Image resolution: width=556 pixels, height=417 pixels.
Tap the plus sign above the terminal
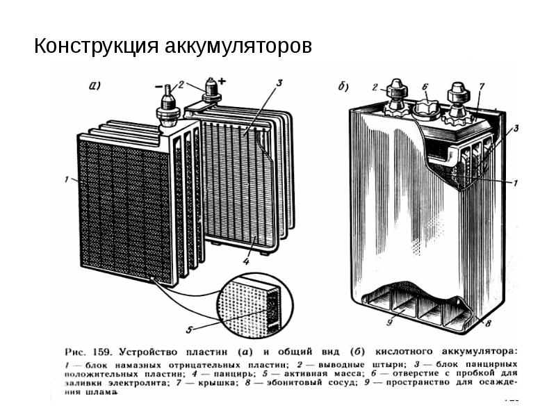click(x=222, y=81)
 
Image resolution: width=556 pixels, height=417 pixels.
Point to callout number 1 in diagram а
click(x=67, y=180)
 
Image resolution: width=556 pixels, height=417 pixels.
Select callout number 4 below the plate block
click(x=246, y=262)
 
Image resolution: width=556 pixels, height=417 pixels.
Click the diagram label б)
click(x=343, y=87)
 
